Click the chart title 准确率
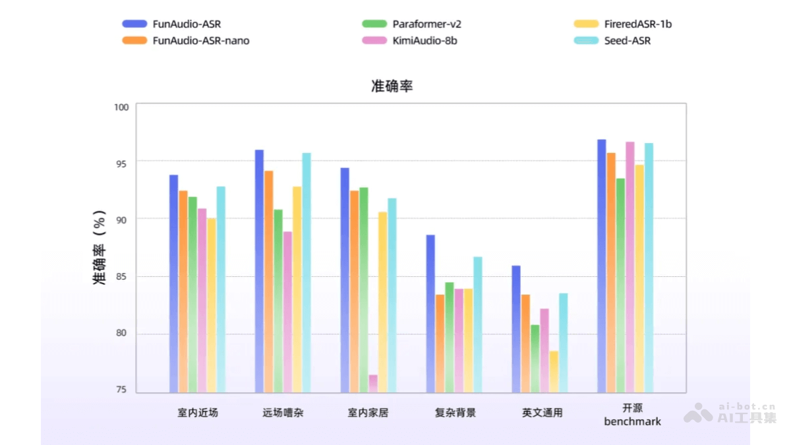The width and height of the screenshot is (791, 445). pos(392,86)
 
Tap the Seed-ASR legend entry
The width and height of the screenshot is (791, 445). pos(627,40)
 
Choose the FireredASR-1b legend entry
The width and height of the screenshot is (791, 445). pos(637,24)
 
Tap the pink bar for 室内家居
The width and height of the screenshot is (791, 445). pos(373,384)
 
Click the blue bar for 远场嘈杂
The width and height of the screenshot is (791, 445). pos(259,270)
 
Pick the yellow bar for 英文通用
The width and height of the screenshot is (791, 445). pos(554,372)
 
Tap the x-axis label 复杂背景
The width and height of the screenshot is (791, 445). pos(455,413)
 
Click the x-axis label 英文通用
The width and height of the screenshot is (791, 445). pos(542,413)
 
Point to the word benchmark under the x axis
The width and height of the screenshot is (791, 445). pos(632,421)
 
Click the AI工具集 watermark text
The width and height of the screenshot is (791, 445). pos(747,417)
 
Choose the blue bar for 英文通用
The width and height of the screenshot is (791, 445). pos(515,329)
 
